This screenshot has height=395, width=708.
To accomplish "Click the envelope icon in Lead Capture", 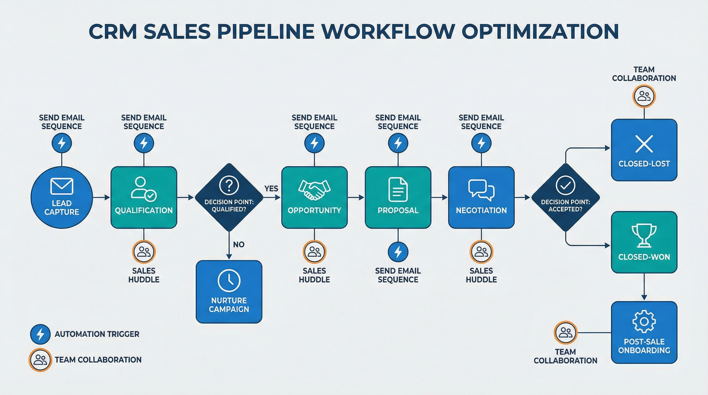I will coord(61,186).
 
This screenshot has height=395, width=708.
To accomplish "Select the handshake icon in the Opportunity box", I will coord(314,190).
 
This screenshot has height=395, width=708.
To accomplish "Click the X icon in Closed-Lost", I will coord(644,144).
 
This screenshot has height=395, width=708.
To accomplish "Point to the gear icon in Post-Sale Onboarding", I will coord(644,321).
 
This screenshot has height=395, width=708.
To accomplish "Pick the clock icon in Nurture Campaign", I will coord(229,281).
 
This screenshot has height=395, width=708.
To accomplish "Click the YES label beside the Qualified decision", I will coord(271,188).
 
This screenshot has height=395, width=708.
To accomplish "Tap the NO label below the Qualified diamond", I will coord(238,245).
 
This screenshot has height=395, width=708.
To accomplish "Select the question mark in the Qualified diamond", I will coord(229,185).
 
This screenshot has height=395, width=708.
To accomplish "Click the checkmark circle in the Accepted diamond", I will coord(565,186).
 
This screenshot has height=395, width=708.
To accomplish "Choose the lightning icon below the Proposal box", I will coord(398,252).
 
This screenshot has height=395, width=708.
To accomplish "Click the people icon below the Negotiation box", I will coord(481,252).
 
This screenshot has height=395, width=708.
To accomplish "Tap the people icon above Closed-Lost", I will coord(644,96).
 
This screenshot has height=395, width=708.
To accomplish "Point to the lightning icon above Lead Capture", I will coord(61,143).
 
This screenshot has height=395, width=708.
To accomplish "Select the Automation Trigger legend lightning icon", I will coord(40,334).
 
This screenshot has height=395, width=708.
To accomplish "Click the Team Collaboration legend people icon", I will coord(40,360).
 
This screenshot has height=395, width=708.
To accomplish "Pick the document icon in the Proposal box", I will coord(398,190).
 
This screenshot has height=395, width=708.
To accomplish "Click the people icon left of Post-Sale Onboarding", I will coord(565,333).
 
